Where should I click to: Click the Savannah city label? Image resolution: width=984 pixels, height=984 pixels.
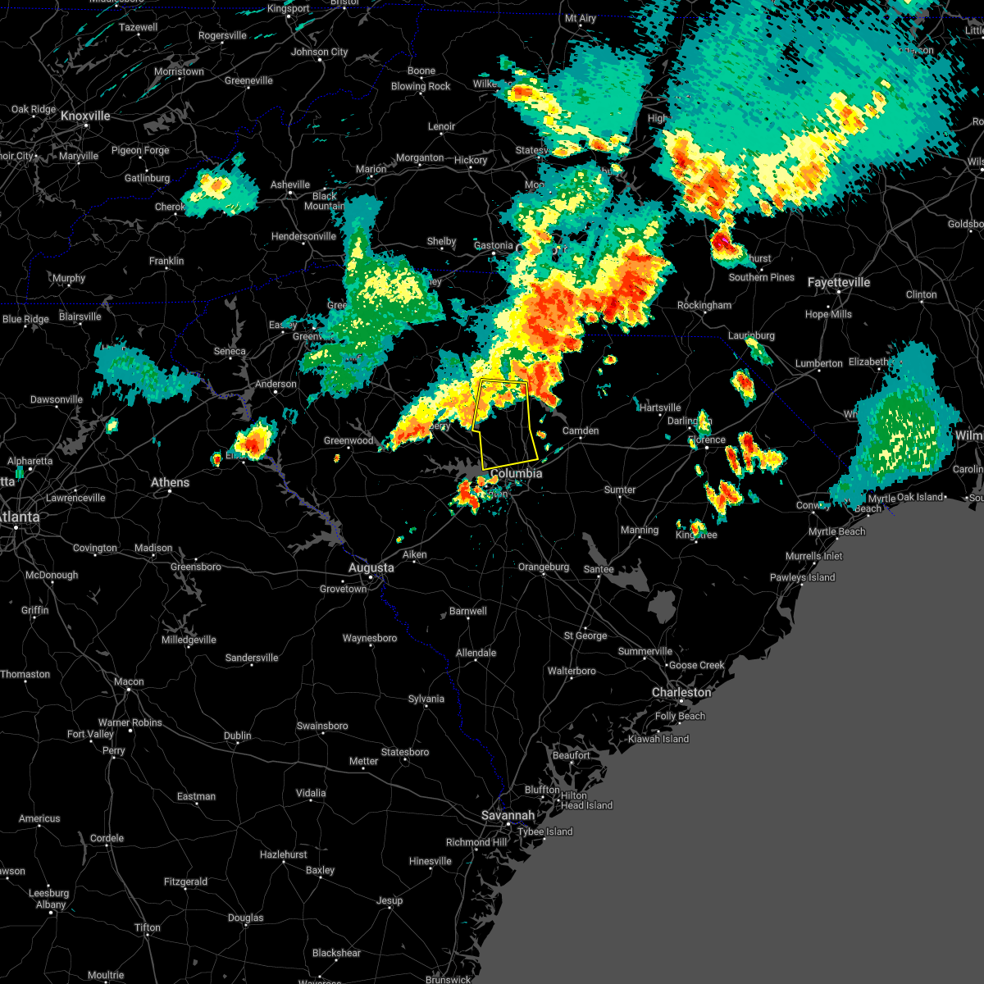[x=508, y=815]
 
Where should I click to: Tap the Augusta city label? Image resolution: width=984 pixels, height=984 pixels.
[x=371, y=567]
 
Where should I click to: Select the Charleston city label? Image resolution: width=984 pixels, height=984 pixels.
[x=681, y=692]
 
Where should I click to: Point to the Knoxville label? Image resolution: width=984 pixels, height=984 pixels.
[x=85, y=116]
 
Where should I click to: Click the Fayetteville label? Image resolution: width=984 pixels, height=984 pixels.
[x=838, y=282]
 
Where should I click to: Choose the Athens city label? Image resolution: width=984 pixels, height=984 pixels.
[x=170, y=482]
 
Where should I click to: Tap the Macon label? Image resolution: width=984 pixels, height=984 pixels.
[x=129, y=681]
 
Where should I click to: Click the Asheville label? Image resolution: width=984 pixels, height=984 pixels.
[x=290, y=184]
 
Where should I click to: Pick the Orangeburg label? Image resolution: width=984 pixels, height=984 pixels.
[x=543, y=567]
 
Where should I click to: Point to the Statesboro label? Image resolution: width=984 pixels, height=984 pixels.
[x=405, y=752]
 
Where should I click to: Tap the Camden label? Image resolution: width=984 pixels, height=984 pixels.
[x=581, y=430]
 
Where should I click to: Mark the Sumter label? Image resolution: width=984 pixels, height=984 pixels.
[x=620, y=490]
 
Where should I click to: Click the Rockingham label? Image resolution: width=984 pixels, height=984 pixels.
[x=704, y=305]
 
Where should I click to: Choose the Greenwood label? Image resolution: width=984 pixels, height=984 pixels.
[x=348, y=440]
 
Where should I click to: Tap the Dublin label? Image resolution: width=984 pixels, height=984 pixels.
[x=238, y=736]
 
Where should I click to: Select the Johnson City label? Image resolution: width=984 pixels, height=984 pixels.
[x=320, y=52]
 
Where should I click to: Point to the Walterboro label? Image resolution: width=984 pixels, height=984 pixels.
[x=572, y=671]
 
